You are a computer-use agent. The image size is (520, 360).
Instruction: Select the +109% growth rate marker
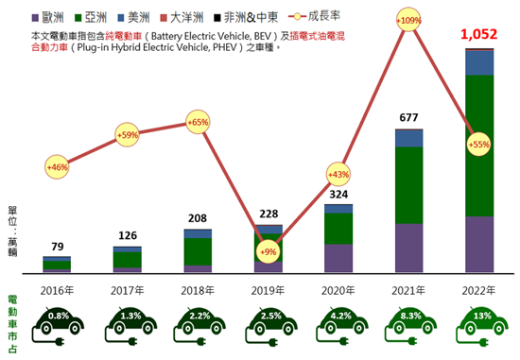pyautogui.click(x=409, y=20)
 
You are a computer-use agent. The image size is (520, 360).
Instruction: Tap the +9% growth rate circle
pyautogui.click(x=269, y=251)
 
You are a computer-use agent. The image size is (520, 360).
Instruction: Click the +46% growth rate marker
pyautogui.click(x=57, y=166)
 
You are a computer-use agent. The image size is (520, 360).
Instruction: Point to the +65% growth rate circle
pyautogui.click(x=198, y=122)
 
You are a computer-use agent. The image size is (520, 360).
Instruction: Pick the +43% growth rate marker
pyautogui.click(x=338, y=175)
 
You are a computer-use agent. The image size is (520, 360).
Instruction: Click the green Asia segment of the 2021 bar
pyautogui.click(x=408, y=185)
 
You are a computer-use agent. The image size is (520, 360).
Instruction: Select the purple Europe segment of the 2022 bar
pyautogui.click(x=479, y=245)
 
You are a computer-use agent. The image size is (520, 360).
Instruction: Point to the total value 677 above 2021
pyautogui.click(x=408, y=118)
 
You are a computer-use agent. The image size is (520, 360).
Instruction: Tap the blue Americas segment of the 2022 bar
pyautogui.click(x=479, y=62)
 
